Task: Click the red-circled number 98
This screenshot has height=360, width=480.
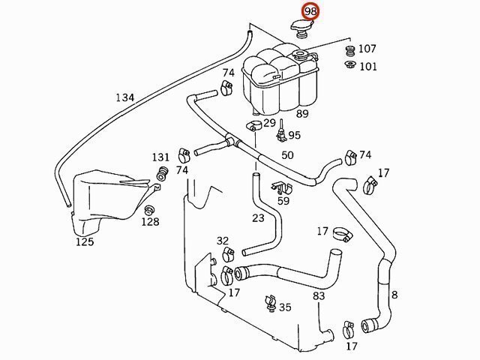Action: tap(310, 12)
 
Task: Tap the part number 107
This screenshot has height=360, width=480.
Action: tap(367, 49)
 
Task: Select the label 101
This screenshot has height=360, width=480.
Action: tap(367, 66)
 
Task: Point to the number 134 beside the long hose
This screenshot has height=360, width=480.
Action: tap(125, 97)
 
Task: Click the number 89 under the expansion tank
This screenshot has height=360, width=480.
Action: tap(302, 114)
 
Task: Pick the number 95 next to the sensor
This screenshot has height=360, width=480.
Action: tap(293, 136)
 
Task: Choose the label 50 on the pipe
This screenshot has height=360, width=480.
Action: tap(287, 155)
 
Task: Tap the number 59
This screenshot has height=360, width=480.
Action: tap(283, 200)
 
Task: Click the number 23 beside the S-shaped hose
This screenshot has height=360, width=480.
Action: tap(258, 218)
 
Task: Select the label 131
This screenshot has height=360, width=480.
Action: tap(161, 157)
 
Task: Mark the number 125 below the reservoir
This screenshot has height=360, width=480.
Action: tap(85, 241)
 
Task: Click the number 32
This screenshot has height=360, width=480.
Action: tap(223, 241)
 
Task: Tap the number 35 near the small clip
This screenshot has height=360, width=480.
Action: tap(285, 307)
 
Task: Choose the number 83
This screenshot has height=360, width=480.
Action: tap(319, 296)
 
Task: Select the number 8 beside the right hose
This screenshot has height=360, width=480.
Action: tap(394, 295)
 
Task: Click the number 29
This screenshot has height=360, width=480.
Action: tap(269, 122)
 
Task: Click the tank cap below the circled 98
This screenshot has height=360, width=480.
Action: tap(301, 28)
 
